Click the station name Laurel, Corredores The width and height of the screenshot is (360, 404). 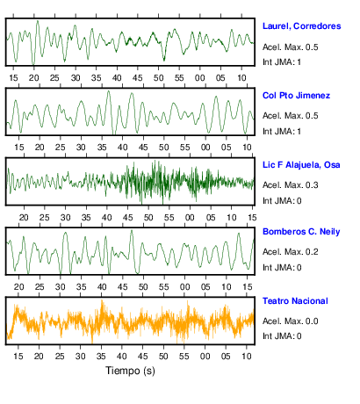301,26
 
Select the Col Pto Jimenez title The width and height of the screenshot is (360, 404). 296,96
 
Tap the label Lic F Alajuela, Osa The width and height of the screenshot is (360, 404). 301,165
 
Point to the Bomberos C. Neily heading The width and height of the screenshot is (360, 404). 301,232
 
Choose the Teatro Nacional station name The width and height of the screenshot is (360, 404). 295,301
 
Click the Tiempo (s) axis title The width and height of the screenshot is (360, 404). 130,371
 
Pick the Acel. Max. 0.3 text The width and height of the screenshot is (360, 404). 290,185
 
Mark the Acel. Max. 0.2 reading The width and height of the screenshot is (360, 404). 290,252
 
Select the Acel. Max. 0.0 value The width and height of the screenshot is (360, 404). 290,321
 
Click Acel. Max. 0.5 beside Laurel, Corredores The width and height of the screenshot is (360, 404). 290,47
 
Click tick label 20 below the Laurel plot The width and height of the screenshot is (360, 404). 34,78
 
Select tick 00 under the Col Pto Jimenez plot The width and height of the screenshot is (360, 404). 205,148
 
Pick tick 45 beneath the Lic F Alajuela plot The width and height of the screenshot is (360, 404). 127,218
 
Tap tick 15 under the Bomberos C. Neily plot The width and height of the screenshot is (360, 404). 248,287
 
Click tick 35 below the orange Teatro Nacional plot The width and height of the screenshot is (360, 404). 101,357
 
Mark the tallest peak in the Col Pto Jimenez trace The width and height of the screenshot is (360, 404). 109,91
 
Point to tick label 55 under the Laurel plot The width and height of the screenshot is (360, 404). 179,78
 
